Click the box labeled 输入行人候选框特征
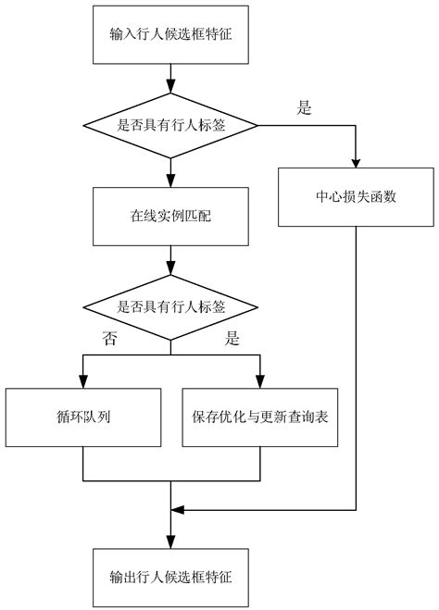point(171,36)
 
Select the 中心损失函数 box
point(355,196)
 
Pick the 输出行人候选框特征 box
point(171,575)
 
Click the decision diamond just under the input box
point(171,125)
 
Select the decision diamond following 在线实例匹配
point(171,308)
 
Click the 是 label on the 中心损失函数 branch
point(303,107)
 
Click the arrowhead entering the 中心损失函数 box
point(355,163)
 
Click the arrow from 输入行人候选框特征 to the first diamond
point(171,78)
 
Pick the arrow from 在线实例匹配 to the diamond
point(171,263)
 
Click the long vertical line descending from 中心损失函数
point(355,370)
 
